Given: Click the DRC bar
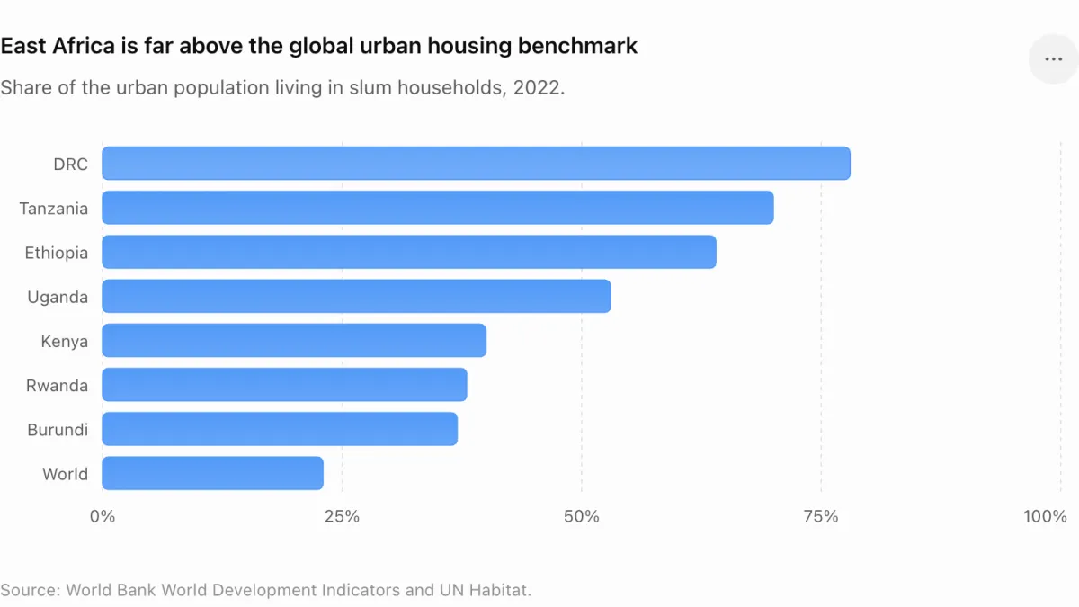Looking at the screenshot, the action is tap(476, 164).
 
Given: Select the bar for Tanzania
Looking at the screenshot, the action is tap(438, 208).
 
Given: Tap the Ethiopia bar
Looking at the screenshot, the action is tap(409, 252).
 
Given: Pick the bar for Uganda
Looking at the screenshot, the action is tap(356, 296).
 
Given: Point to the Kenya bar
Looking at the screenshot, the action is tap(294, 341).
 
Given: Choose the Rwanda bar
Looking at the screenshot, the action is tap(285, 385).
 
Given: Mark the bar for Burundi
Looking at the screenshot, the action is tap(280, 429).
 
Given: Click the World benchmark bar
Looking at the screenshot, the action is tap(212, 474).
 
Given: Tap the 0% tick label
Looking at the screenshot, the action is tap(103, 516).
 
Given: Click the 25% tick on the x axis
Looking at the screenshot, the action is tap(342, 516).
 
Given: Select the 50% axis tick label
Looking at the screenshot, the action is tap(582, 516).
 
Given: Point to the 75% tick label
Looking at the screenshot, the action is tap(821, 516).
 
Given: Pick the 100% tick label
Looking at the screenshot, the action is tap(1045, 516).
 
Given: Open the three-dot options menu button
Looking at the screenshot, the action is tap(1054, 58).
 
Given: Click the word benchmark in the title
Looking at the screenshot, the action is tap(577, 46).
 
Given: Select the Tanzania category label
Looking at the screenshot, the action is tap(53, 209).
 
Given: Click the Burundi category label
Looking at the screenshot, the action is tap(58, 429).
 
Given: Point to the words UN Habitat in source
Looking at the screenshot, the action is tap(485, 590).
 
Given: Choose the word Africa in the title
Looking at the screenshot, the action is tap(84, 46).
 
